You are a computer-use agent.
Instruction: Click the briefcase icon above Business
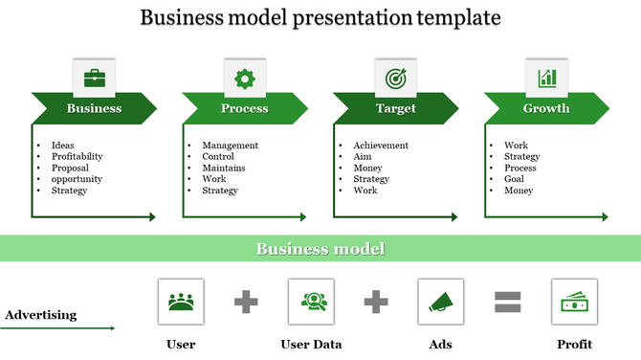(x=94, y=78)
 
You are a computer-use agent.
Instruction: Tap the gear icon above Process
(x=245, y=78)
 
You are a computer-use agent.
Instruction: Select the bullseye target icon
(x=395, y=78)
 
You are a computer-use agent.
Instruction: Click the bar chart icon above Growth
(x=547, y=78)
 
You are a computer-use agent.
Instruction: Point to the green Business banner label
(x=94, y=108)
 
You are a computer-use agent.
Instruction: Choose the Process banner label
(x=245, y=108)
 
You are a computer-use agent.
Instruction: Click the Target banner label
(x=396, y=108)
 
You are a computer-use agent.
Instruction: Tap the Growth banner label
(x=546, y=108)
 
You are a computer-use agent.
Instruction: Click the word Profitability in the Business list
(x=77, y=156)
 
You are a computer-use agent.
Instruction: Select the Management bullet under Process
(x=230, y=146)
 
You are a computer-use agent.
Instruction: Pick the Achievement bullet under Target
(x=380, y=146)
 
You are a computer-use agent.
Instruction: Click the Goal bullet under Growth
(x=514, y=179)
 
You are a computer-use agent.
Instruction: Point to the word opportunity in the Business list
(x=77, y=179)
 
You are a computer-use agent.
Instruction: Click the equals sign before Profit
(x=507, y=303)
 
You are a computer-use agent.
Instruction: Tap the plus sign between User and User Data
(x=246, y=303)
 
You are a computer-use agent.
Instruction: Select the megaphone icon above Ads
(x=441, y=302)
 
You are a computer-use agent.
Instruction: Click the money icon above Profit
(x=574, y=302)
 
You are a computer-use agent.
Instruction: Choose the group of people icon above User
(x=181, y=302)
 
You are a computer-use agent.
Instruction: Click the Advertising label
(x=41, y=314)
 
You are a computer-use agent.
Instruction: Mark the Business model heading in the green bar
(x=320, y=249)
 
